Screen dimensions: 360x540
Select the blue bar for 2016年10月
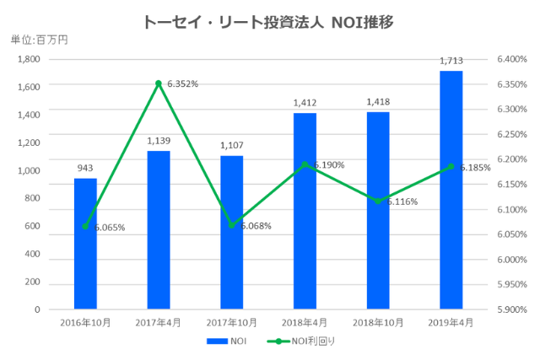[x=85, y=244]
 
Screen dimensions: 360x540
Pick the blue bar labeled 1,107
[x=231, y=233]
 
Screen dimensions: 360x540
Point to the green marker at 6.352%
[x=159, y=83]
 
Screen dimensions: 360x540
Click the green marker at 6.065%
[x=85, y=226]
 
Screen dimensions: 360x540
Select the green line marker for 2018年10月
[x=378, y=201]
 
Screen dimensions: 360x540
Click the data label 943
[x=85, y=168]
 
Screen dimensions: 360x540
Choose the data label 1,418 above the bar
[x=378, y=101]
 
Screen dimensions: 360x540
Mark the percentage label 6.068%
[x=254, y=225]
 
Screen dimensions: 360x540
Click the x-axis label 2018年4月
[x=305, y=321]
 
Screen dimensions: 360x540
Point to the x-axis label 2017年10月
[x=231, y=321]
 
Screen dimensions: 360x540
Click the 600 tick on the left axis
[x=32, y=226]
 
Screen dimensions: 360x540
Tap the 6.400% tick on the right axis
[x=511, y=59]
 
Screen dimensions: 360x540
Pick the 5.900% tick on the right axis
[x=511, y=309]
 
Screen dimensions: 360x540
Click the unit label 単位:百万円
[x=39, y=39]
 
